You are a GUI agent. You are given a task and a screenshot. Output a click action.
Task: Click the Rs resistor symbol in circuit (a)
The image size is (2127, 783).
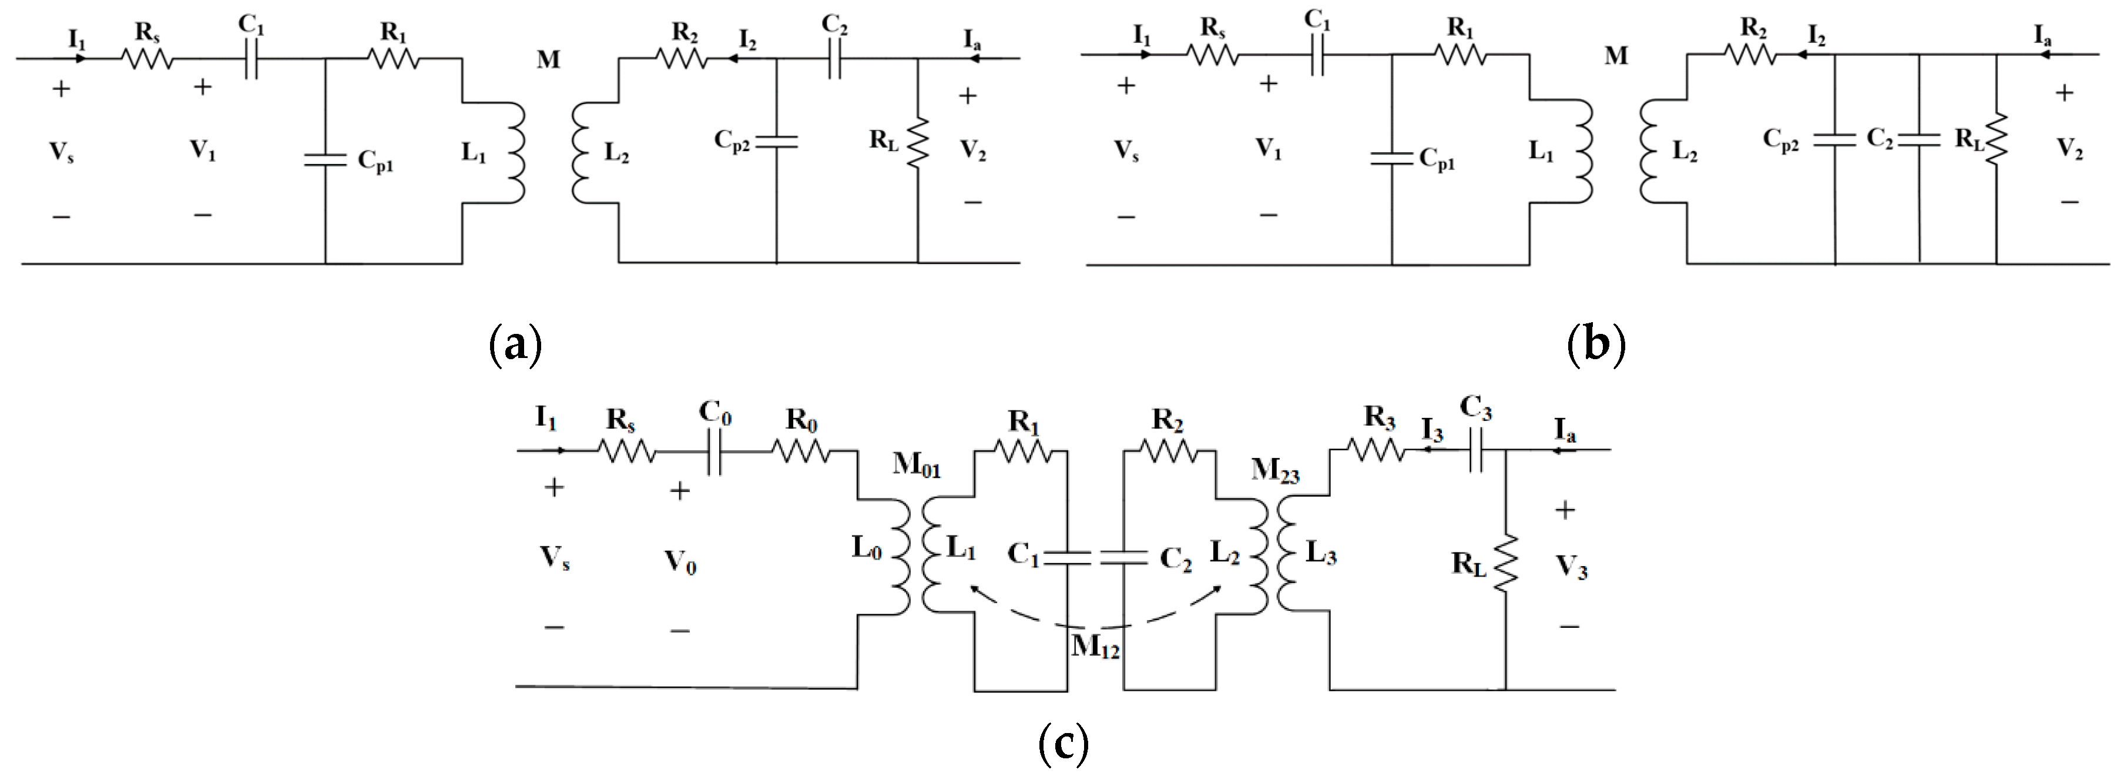click(147, 59)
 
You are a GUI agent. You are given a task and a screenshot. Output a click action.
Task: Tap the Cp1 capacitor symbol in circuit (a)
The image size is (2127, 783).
click(326, 159)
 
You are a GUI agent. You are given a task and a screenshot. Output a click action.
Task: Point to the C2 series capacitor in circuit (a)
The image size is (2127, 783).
click(834, 59)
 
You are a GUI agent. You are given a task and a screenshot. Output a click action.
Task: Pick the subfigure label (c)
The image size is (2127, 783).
click(1063, 744)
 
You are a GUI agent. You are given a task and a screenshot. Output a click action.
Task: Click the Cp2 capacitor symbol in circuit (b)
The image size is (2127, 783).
click(1835, 140)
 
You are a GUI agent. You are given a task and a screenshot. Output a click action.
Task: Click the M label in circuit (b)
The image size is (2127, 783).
click(1616, 56)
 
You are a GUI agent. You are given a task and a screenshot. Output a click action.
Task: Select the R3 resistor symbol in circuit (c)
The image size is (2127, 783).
click(1375, 451)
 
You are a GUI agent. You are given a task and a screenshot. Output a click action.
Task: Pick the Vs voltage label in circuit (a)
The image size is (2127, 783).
click(62, 152)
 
